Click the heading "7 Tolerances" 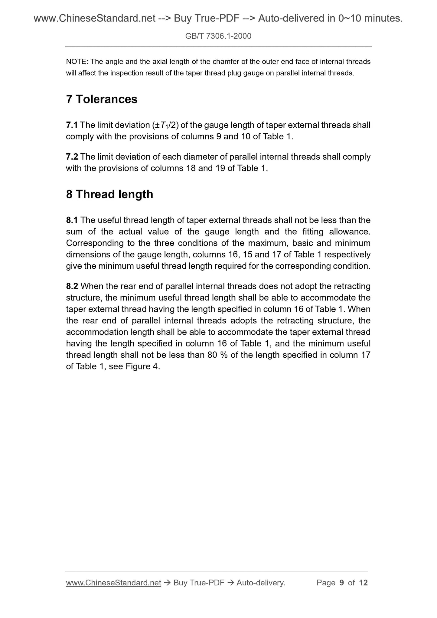pyautogui.click(x=102, y=99)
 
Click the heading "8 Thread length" pyautogui.click(x=109, y=194)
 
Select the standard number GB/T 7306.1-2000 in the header pyautogui.click(x=218, y=36)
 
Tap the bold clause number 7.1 pyautogui.click(x=72, y=125)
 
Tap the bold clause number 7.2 pyautogui.click(x=72, y=157)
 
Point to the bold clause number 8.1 pyautogui.click(x=72, y=220)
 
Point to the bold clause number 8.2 pyautogui.click(x=72, y=286)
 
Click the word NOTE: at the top pyautogui.click(x=77, y=62)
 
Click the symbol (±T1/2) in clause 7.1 pyautogui.click(x=165, y=125)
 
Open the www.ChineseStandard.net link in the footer pyautogui.click(x=113, y=583)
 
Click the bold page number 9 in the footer pyautogui.click(x=342, y=583)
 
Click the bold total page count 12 pyautogui.click(x=363, y=583)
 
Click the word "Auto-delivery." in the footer pyautogui.click(x=261, y=583)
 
